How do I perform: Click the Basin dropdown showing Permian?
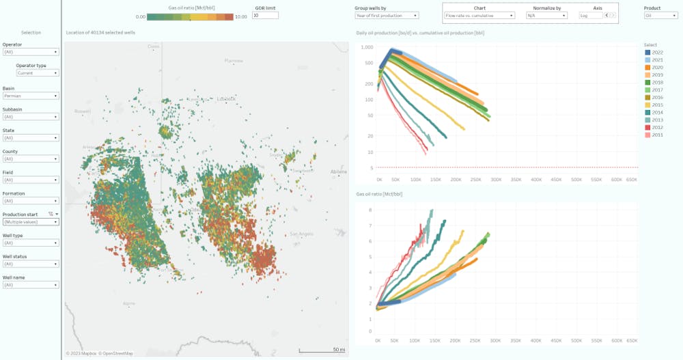click(31, 96)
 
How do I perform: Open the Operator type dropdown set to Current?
click(38, 72)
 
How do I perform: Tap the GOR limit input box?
click(265, 15)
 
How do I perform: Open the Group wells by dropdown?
click(387, 15)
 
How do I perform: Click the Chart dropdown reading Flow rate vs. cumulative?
click(479, 15)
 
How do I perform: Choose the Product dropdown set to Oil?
click(660, 15)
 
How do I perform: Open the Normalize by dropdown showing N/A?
click(546, 15)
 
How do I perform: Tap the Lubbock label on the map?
click(226, 98)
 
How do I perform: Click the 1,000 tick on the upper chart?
click(367, 48)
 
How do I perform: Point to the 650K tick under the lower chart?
click(632, 340)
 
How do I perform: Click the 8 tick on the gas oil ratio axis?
click(370, 210)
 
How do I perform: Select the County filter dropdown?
click(31, 159)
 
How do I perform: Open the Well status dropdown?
click(31, 264)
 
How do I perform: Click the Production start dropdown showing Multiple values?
click(31, 222)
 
